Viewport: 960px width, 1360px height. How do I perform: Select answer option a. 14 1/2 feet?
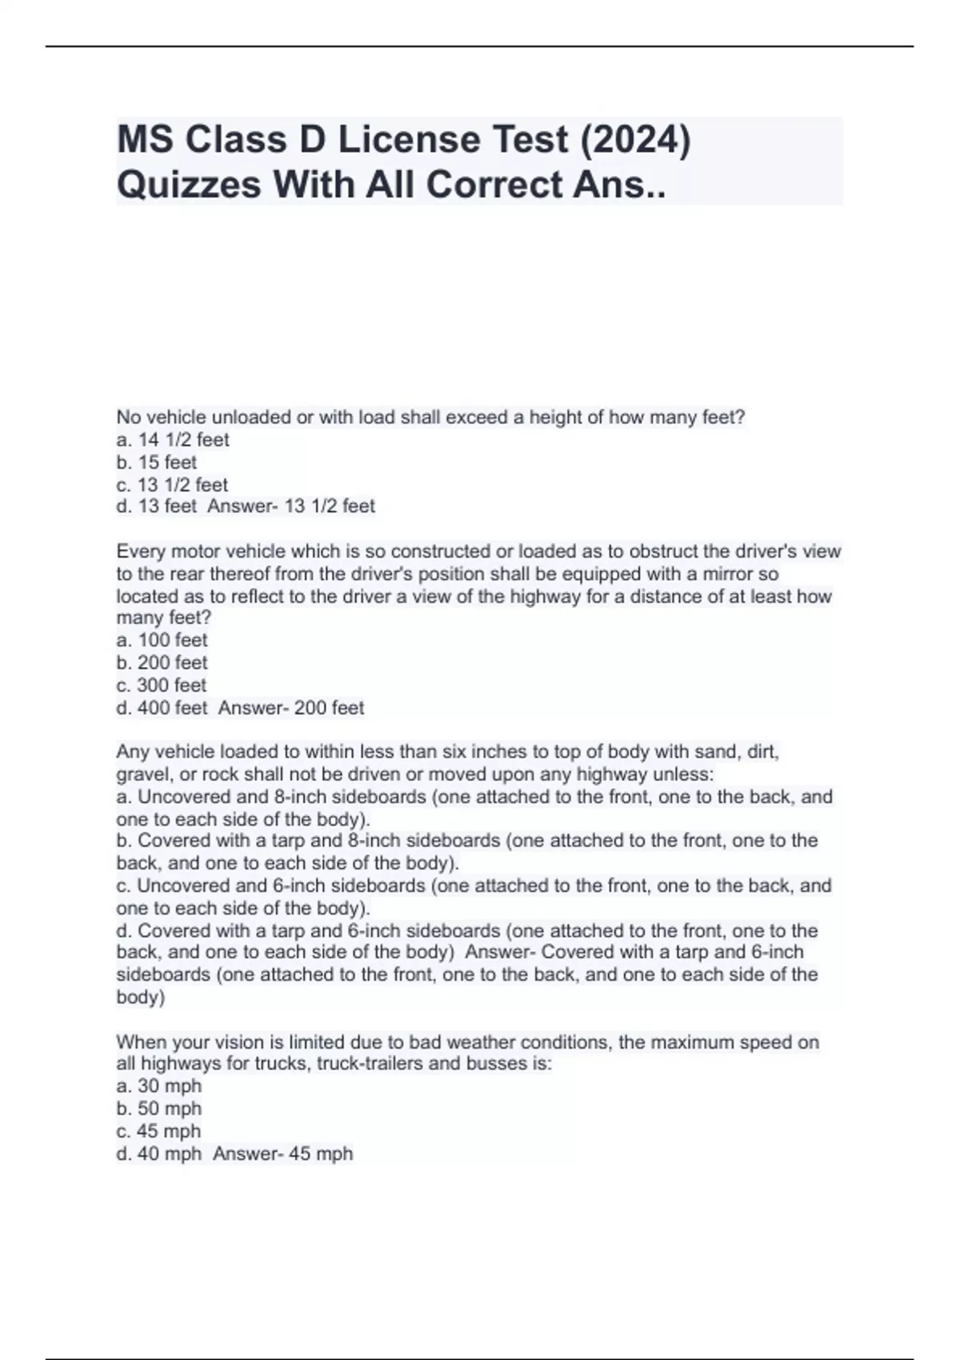coord(173,440)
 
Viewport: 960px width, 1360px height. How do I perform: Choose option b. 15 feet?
coord(157,462)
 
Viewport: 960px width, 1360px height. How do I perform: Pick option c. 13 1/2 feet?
coord(172,485)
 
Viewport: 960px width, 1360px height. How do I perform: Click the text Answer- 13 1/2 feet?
coord(291,506)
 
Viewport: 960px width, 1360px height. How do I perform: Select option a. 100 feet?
coord(162,640)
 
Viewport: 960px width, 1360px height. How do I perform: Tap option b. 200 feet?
coord(162,662)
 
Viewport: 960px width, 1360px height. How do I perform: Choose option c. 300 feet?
coord(162,685)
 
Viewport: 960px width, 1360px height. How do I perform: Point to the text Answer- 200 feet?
coord(291,708)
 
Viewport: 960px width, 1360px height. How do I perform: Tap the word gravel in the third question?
coord(139,774)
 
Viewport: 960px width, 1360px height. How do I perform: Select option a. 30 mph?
coord(158,1086)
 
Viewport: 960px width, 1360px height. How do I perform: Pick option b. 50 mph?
coord(158,1109)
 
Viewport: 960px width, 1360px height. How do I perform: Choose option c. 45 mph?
coord(158,1131)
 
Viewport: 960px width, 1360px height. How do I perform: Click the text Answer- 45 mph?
coord(283,1154)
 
